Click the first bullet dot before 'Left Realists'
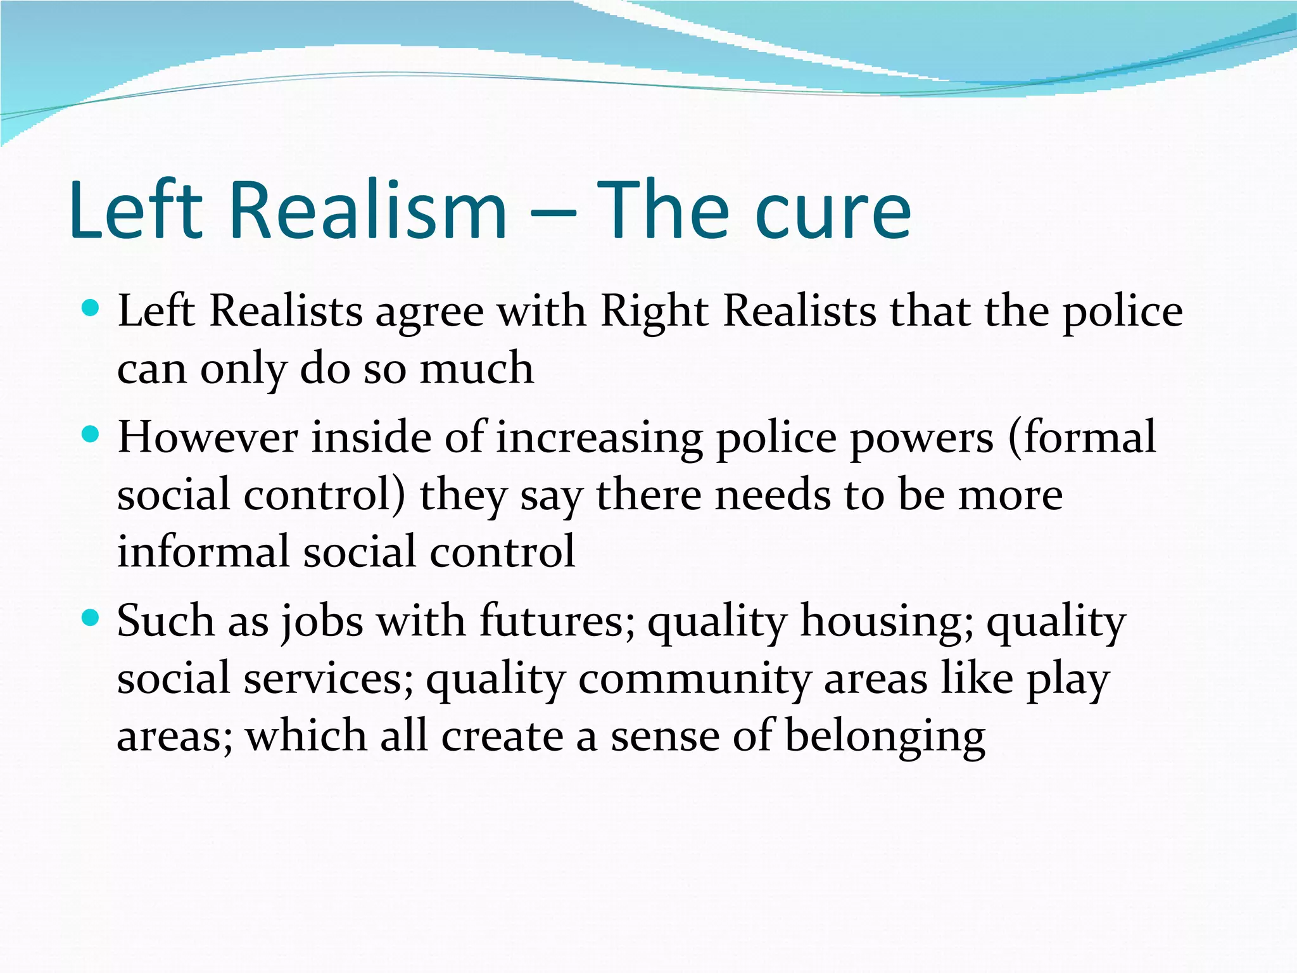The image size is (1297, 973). point(92,308)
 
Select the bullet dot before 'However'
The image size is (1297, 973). point(92,435)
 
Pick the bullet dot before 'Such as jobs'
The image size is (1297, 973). point(92,618)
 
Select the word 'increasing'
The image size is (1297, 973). point(599,438)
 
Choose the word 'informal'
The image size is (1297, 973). point(203,551)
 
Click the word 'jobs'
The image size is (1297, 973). point(322,622)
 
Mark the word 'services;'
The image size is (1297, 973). point(329,678)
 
